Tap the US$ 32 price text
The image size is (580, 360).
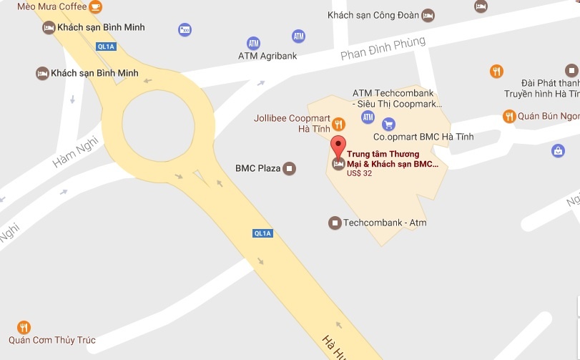pos(360,173)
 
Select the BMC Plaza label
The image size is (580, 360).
pos(257,169)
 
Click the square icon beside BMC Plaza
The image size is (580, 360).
pos(289,169)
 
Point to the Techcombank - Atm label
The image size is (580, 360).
pos(385,223)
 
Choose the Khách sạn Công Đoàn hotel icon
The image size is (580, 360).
pos(428,14)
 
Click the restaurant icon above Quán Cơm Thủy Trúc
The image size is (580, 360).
pos(24,327)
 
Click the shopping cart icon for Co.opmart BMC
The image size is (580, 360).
pos(388,124)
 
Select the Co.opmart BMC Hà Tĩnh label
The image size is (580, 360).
pos(424,137)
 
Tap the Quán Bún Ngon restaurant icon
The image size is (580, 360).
pos(508,117)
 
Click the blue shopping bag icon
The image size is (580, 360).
pos(558,150)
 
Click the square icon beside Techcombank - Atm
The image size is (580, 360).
pos(334,223)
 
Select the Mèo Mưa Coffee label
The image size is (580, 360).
pos(51,6)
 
